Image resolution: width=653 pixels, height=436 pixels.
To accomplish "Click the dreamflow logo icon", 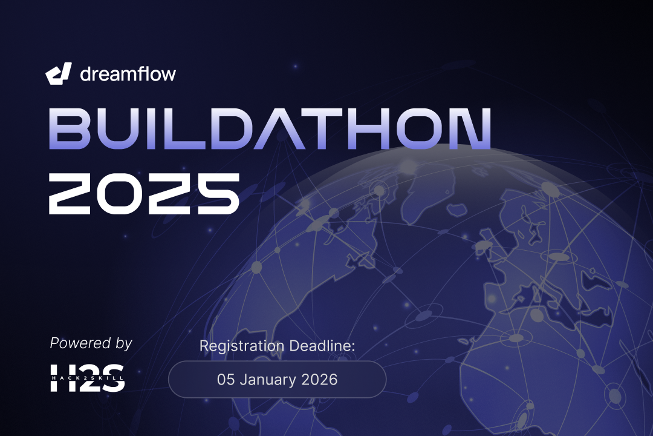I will pos(59,73).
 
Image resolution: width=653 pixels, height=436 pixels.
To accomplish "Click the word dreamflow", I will pos(128,74).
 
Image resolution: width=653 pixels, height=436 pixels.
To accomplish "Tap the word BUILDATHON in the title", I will pos(269,129).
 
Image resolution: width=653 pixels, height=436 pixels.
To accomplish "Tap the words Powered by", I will pos(91,343).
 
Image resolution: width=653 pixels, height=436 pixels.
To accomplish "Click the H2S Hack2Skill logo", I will pos(87,377).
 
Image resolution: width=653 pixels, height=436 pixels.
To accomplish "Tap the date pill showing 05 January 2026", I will pos(277,380).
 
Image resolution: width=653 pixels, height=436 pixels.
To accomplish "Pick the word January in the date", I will pos(268,380).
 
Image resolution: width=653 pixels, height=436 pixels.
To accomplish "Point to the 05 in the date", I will pos(226,380).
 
